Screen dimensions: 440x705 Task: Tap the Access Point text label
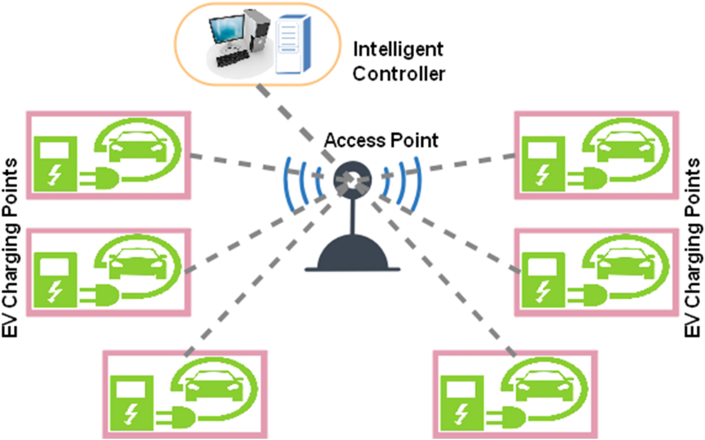[x=381, y=140]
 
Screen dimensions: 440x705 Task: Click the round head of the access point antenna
[x=351, y=182]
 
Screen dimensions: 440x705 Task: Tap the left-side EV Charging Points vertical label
[x=12, y=247]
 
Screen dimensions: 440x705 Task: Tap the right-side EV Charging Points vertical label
[x=694, y=247]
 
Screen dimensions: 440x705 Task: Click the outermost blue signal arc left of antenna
[x=287, y=182]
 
